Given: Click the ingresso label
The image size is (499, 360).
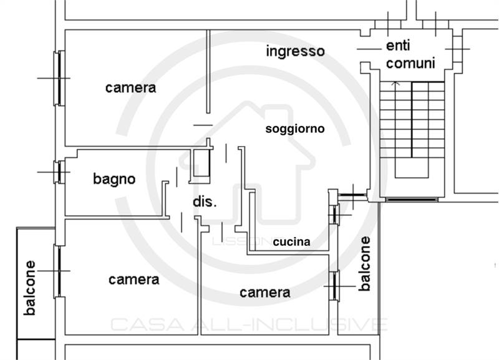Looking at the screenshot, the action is point(295,52).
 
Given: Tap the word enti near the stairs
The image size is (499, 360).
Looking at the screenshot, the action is point(398,46).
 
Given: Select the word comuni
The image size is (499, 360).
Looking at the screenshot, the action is point(410,64).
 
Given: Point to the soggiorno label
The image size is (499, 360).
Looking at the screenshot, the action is point(295,129).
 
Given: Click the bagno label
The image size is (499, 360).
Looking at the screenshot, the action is point(114,179).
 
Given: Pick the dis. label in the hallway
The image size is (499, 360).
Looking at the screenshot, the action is point(205,202).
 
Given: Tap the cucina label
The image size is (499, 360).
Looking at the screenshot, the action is point(291,242).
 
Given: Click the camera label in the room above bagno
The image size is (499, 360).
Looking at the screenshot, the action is point(130,88).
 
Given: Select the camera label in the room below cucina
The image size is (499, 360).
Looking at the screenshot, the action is point(264,293).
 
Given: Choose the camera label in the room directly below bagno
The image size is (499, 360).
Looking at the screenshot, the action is point(133,280).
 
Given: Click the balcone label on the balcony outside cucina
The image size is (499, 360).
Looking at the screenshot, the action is point(365,263).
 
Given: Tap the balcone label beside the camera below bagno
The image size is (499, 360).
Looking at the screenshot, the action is point(29,288).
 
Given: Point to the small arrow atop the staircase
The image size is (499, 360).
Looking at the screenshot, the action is point(395,84).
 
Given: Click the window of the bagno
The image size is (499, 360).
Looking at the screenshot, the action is point(59,172).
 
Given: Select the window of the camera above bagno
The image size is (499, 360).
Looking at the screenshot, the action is point(59,79).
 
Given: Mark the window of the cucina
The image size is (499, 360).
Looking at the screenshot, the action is point(334,215).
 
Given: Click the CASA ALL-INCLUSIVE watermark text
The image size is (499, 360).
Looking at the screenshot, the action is point(249,324).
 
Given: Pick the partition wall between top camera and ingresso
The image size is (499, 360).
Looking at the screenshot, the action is point(208,72).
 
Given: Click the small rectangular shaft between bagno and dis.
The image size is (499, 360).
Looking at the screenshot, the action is point(200,166).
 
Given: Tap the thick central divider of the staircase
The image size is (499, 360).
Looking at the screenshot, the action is point(412,120).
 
